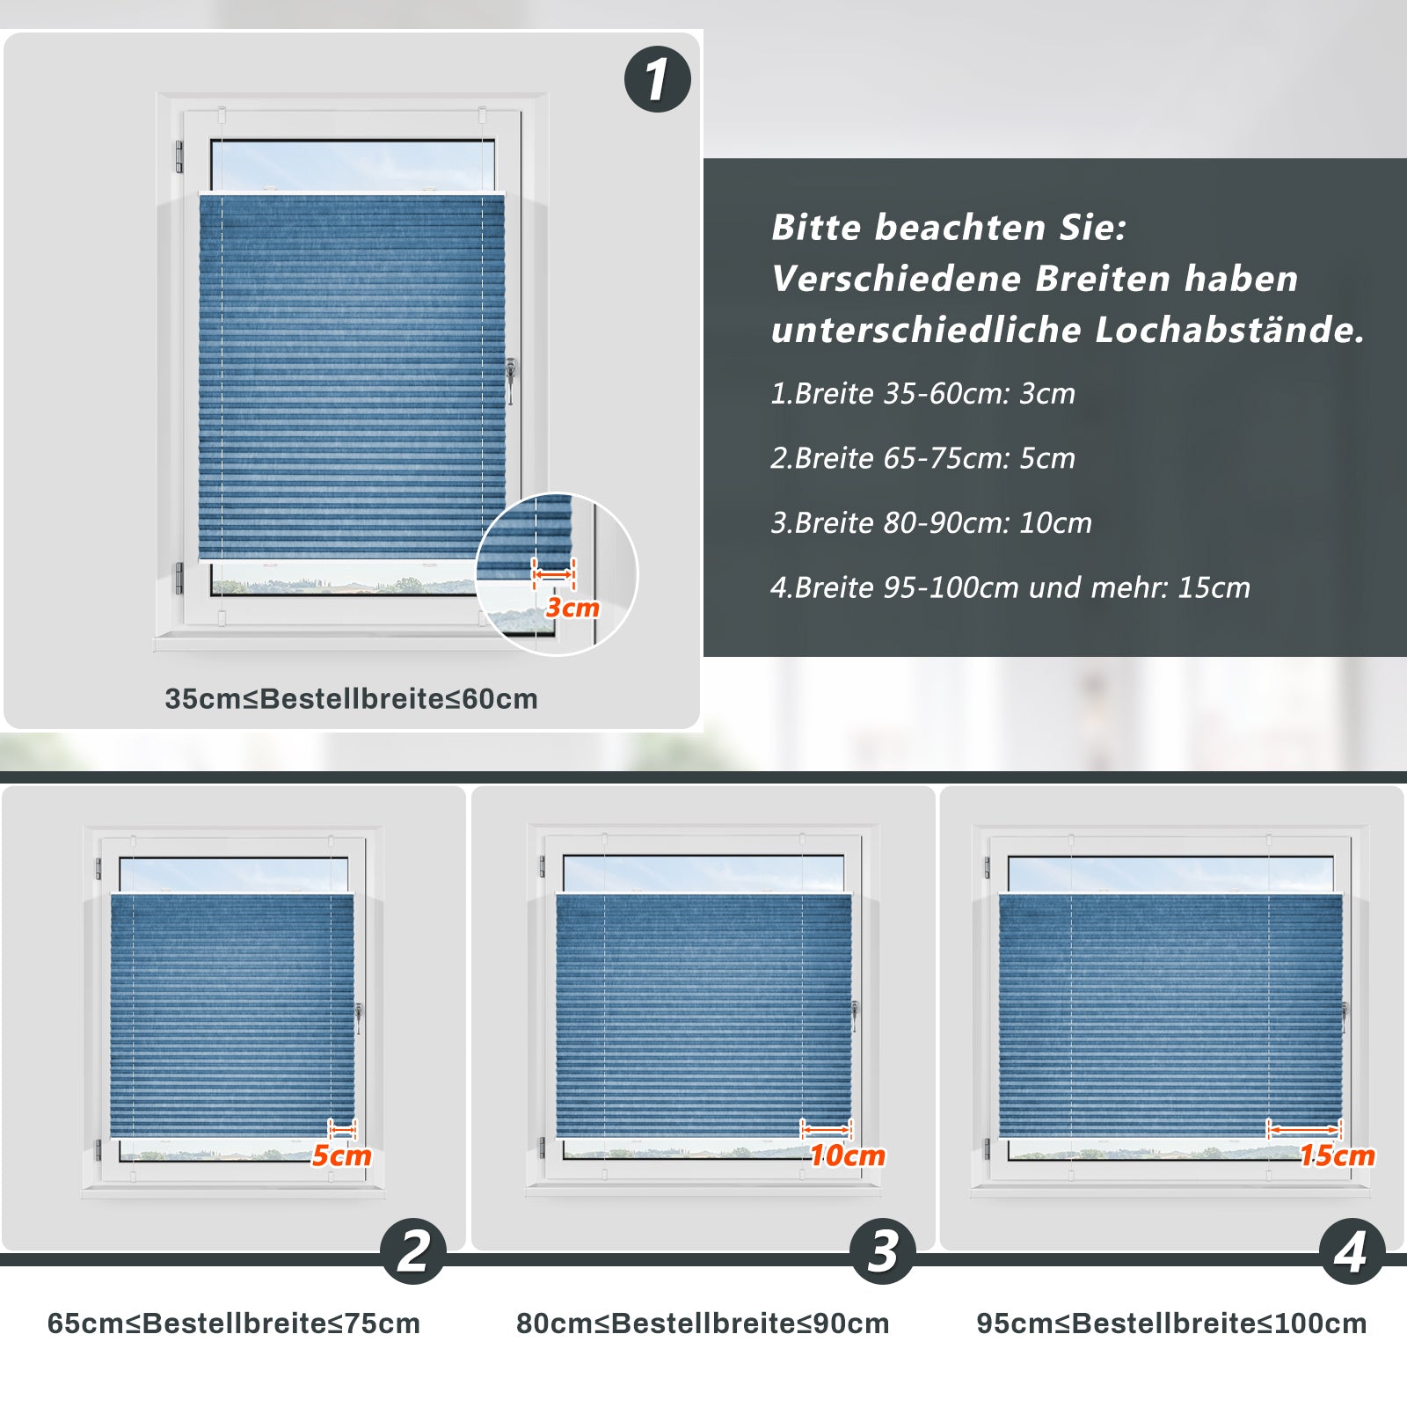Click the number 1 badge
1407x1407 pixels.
click(658, 79)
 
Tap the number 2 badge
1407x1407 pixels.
click(413, 1251)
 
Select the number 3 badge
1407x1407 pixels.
click(883, 1251)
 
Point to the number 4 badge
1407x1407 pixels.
click(1352, 1251)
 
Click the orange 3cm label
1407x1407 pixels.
click(572, 608)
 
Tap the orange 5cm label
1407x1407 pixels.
click(342, 1155)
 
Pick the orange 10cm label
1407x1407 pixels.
click(848, 1155)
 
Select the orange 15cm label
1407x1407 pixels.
click(1338, 1155)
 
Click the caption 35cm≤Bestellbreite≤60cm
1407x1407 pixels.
click(351, 699)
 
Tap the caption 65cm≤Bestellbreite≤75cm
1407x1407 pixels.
click(234, 1323)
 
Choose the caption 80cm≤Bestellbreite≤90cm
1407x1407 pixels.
click(703, 1323)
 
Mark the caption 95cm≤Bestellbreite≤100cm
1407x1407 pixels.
click(1171, 1323)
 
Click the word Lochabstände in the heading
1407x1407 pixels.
click(1229, 330)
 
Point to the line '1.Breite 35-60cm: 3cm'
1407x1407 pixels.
click(922, 393)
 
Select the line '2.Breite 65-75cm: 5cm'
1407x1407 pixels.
click(922, 458)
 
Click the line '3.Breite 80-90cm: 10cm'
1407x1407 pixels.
click(931, 523)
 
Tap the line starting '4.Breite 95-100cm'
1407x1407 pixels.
click(1010, 587)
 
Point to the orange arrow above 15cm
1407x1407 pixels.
click(1303, 1129)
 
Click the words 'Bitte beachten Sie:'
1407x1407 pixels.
click(949, 228)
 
